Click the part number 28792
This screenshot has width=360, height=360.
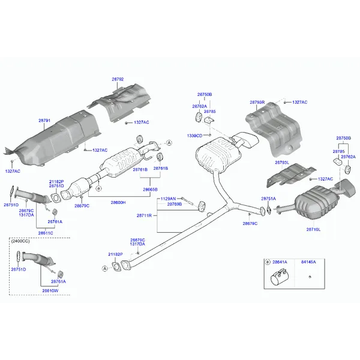coord(118,79)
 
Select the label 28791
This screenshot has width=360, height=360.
coord(45,121)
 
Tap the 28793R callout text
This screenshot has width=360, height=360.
coord(257,103)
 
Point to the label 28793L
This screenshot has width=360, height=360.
coord(282,163)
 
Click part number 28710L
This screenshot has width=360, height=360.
coord(313,229)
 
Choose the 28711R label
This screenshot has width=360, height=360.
coord(144,215)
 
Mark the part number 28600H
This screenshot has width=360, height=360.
coord(118,202)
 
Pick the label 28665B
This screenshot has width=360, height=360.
coord(151,189)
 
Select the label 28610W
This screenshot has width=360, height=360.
coord(50,290)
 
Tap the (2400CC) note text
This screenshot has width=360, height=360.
coord(20,241)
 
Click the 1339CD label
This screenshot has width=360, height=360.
coord(194,136)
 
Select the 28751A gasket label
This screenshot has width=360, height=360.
coord(268,198)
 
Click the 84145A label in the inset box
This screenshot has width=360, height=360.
coord(308,262)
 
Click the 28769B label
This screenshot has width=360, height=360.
coord(175,204)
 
